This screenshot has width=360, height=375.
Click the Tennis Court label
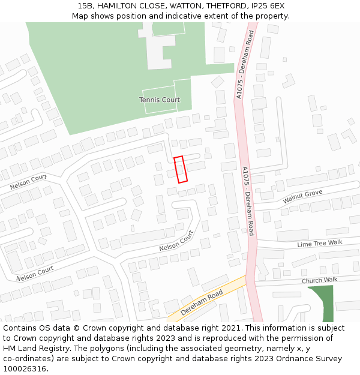(x=160, y=100)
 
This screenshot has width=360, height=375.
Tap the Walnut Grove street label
(x=302, y=196)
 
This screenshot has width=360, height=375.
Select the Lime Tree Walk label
(x=319, y=243)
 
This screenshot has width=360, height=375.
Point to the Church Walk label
(x=319, y=280)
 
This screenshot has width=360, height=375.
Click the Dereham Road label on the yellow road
(x=202, y=302)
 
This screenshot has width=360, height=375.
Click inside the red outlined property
(x=181, y=169)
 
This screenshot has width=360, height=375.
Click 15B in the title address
(x=85, y=6)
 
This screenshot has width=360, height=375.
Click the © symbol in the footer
(x=76, y=328)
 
